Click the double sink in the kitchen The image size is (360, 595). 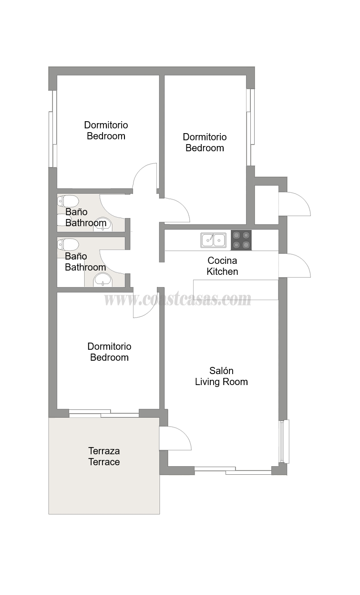coord(214,240)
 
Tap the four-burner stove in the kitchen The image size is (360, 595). coord(241,240)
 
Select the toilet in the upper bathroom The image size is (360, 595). coord(68,201)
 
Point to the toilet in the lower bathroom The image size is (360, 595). coord(68,244)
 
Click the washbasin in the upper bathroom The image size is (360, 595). coord(103,225)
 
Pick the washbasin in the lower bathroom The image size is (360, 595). coord(103,280)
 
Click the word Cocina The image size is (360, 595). coord(222,261)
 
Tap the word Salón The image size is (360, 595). coord(221,371)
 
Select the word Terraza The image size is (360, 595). coord(104,451)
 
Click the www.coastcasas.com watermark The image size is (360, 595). coord(177,300)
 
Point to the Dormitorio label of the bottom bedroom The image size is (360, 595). coord(109,346)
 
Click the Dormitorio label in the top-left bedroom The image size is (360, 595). coord(106,125)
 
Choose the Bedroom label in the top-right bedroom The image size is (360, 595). coord(205,148)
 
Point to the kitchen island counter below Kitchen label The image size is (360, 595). coord(236,290)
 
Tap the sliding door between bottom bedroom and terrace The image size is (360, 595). coord(104,413)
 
